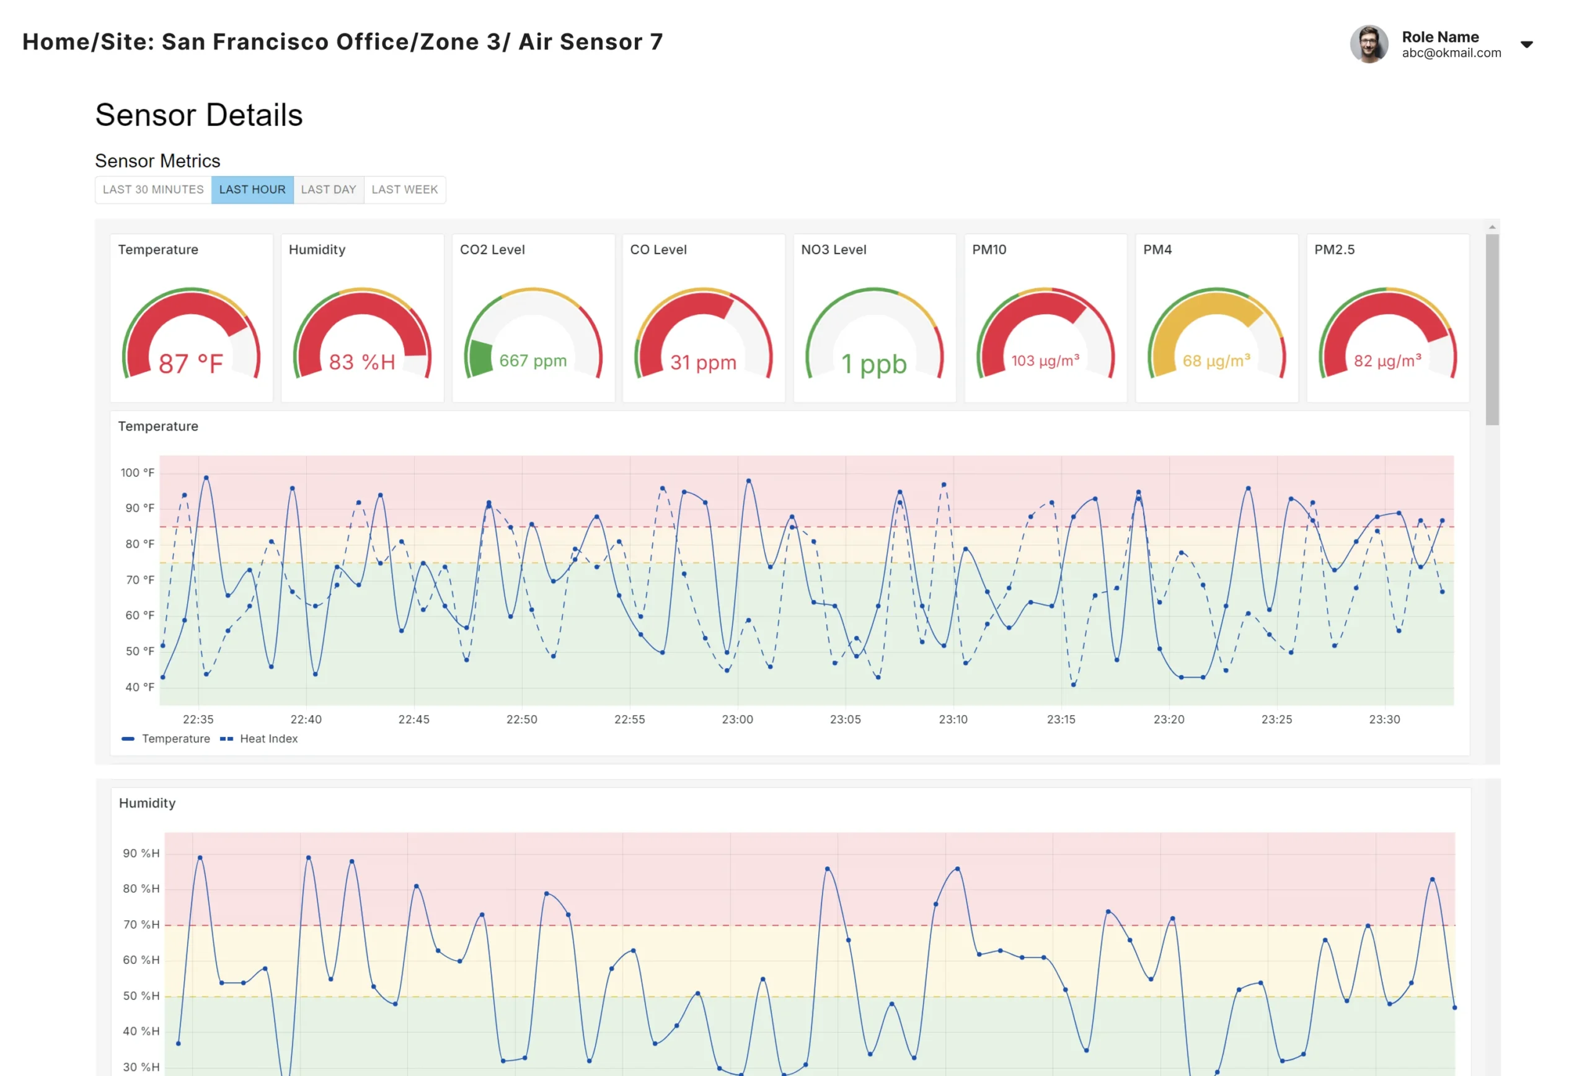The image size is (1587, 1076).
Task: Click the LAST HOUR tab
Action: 252,190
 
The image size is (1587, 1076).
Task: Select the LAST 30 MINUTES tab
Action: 153,190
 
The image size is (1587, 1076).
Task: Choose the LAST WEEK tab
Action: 404,190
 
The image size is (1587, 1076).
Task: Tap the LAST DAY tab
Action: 329,190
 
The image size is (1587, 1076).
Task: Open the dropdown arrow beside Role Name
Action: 1527,45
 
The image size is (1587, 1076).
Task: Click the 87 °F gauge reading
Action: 190,363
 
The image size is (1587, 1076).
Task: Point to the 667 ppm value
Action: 533,361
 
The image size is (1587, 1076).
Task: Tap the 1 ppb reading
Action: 873,364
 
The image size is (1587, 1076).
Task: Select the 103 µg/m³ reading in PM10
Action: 1045,361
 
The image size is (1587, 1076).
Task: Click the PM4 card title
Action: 1157,250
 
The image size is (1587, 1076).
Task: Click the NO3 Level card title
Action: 833,250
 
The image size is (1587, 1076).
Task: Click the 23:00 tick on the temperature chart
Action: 737,720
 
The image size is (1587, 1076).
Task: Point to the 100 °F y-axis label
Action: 137,472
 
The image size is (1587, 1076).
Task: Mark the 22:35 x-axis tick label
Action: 198,720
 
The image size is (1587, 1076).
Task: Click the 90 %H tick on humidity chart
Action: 141,853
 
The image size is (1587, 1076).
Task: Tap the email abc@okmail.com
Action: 1451,53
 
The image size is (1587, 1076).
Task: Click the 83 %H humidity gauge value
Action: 362,362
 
